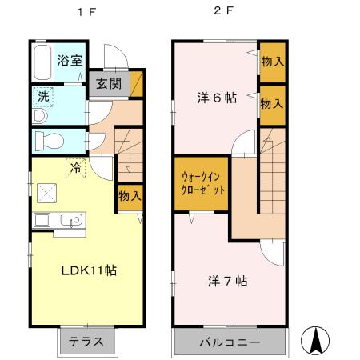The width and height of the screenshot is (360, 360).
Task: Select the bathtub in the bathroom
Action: (x=42, y=62)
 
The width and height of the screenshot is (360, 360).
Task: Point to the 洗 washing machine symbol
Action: (x=42, y=97)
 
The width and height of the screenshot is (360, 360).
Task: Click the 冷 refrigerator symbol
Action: (x=75, y=168)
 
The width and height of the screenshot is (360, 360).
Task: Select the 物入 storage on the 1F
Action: (x=130, y=195)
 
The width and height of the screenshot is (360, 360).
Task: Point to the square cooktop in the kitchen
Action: (x=45, y=193)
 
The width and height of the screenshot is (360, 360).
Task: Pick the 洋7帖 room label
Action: (x=226, y=281)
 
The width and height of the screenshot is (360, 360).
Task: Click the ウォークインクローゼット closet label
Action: (x=202, y=184)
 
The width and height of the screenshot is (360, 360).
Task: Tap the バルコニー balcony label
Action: (x=230, y=342)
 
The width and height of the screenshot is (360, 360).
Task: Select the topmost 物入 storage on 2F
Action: (x=272, y=61)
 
